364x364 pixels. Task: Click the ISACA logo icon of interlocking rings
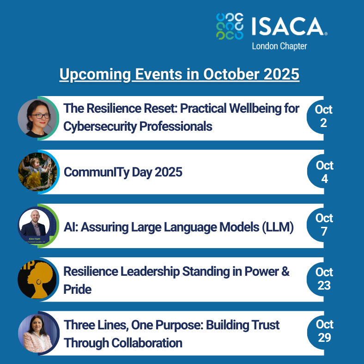tap(230, 26)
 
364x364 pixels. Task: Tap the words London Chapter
tap(279, 46)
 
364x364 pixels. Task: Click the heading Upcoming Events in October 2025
tap(179, 74)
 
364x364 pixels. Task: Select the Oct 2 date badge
tap(323, 116)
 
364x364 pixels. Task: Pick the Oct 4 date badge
tap(324, 172)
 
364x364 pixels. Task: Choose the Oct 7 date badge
tap(324, 224)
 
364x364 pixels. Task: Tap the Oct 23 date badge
tap(324, 279)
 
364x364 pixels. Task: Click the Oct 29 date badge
tap(324, 331)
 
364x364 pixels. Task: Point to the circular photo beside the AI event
tap(37, 225)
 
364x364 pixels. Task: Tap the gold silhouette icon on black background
tap(37, 279)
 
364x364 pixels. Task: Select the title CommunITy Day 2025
tap(123, 172)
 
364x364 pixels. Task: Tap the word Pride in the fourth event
tap(77, 290)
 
